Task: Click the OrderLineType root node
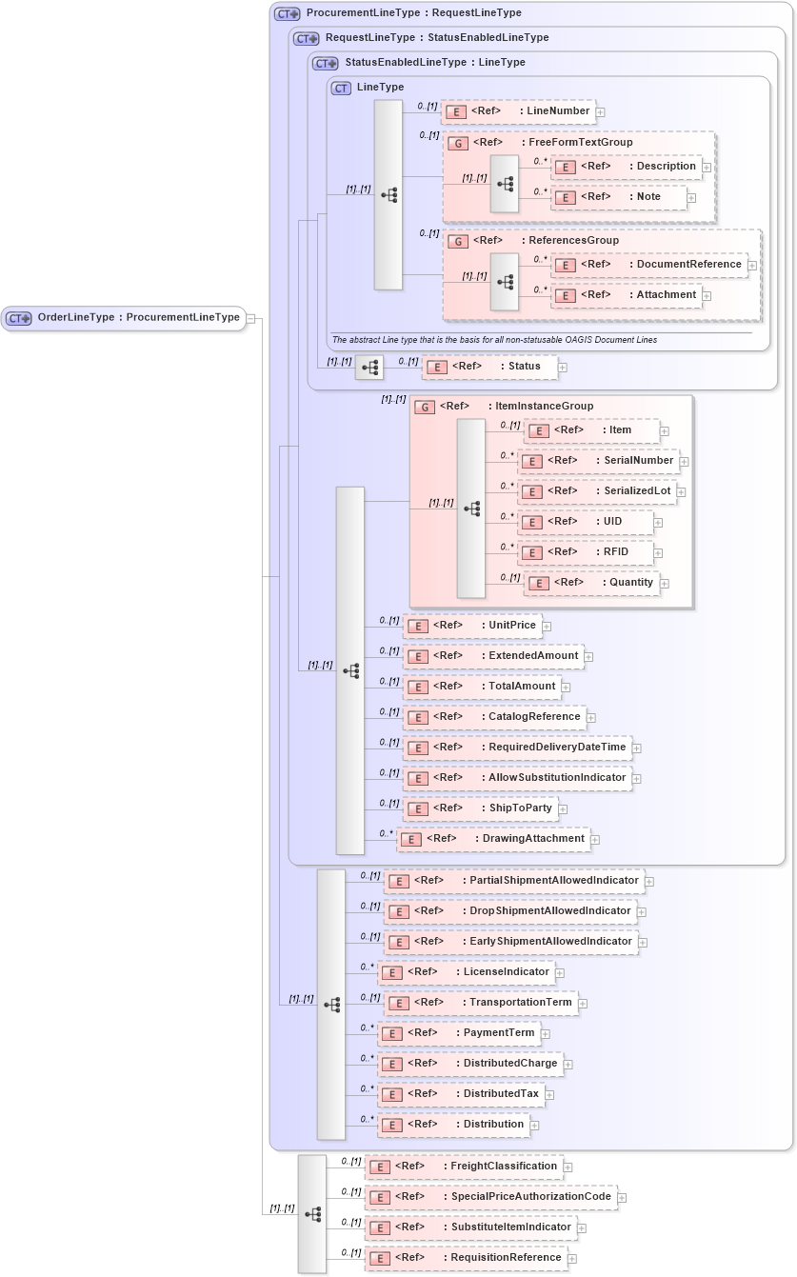(124, 318)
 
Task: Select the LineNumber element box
(518, 111)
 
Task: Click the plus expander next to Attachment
(707, 295)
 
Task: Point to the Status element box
(489, 367)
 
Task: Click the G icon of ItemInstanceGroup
(426, 407)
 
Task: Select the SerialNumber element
(599, 461)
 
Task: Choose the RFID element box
(587, 552)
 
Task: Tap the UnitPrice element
(472, 626)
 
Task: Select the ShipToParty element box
(481, 808)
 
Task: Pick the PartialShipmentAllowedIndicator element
(513, 881)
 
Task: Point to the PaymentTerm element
(459, 1033)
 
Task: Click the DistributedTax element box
(461, 1094)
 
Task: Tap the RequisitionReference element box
(466, 1258)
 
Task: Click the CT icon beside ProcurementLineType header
(287, 14)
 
